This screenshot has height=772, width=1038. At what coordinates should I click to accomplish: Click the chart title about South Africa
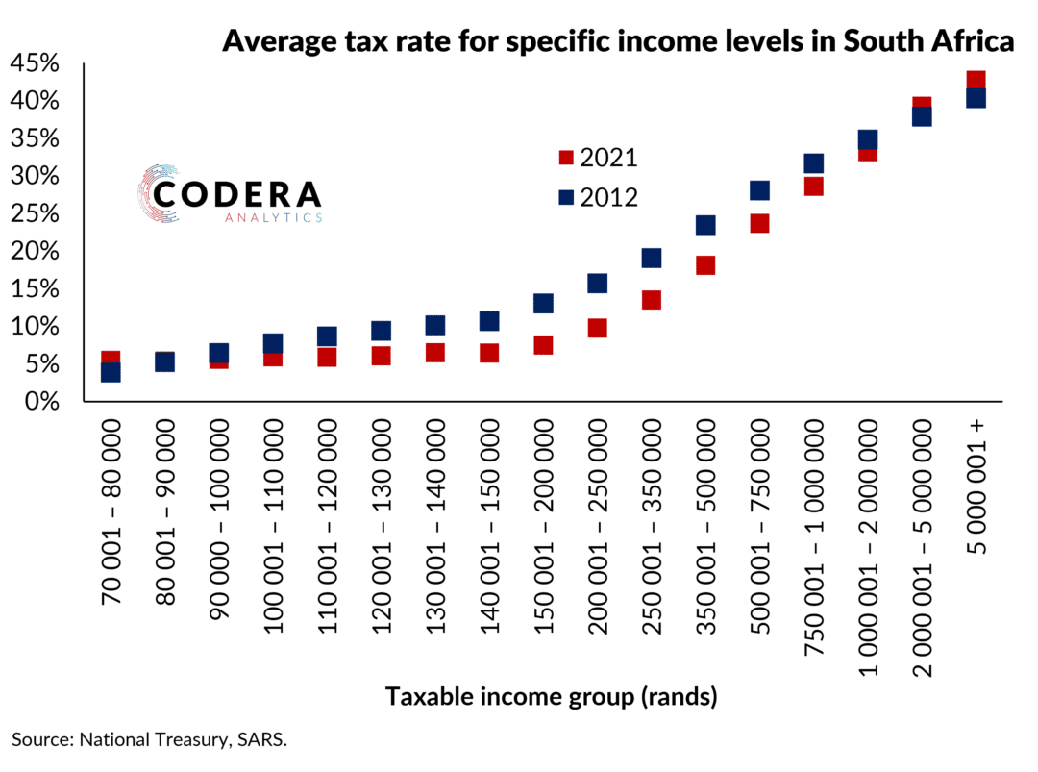click(x=618, y=42)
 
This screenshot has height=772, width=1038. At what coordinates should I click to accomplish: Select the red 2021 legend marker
click(x=566, y=158)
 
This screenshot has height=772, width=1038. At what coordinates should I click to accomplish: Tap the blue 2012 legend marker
click(x=566, y=197)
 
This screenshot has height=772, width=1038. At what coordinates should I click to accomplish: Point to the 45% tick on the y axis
click(x=35, y=64)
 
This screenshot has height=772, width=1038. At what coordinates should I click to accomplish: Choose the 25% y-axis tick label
click(x=35, y=214)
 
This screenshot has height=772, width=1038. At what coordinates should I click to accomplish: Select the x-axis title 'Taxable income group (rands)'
click(x=551, y=697)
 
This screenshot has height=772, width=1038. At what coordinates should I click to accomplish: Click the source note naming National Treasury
click(x=150, y=740)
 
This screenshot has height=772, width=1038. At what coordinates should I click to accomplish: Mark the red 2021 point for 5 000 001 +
click(x=976, y=80)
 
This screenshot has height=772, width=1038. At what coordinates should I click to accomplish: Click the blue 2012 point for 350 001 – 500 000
click(x=705, y=225)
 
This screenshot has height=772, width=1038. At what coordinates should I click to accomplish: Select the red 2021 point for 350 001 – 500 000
click(x=705, y=265)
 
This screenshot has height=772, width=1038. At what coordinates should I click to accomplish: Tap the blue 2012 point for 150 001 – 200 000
click(x=543, y=304)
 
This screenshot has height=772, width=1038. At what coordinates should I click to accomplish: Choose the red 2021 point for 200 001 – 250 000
click(x=597, y=329)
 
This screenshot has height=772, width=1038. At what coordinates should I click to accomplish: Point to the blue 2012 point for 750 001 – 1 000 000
click(x=813, y=163)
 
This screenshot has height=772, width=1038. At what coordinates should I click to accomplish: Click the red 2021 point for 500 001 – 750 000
click(x=759, y=224)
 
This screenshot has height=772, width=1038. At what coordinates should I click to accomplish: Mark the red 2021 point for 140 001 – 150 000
click(x=489, y=353)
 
